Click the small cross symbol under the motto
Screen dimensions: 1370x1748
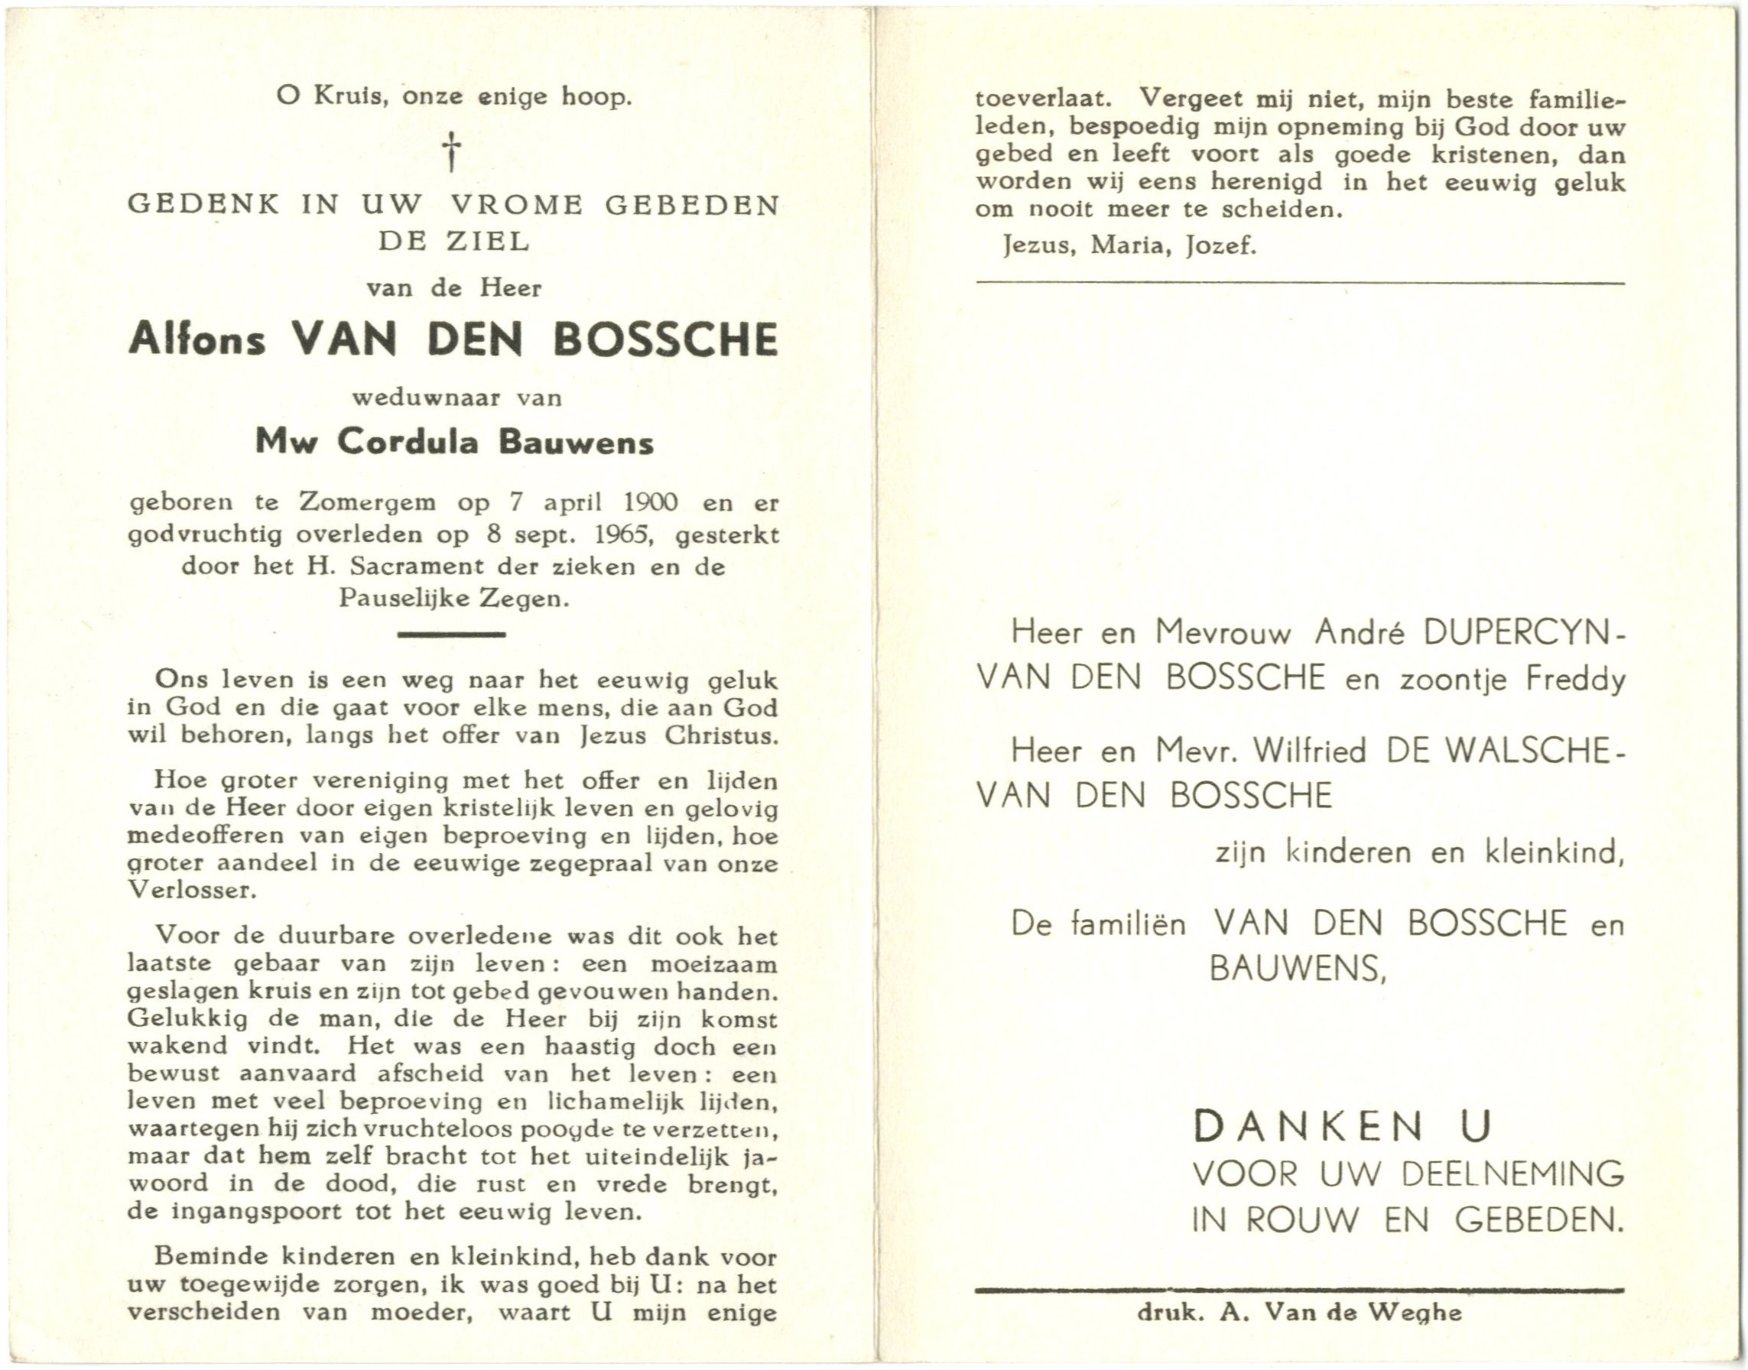pos(453,151)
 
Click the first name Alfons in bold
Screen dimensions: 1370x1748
pos(197,339)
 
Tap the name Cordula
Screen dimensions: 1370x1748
pos(406,442)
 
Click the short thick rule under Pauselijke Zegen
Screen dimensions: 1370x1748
pos(452,635)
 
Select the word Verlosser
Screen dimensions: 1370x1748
pos(190,891)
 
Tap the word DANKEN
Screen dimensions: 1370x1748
pos(1308,1127)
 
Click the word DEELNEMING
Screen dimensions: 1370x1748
pos(1513,1175)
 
